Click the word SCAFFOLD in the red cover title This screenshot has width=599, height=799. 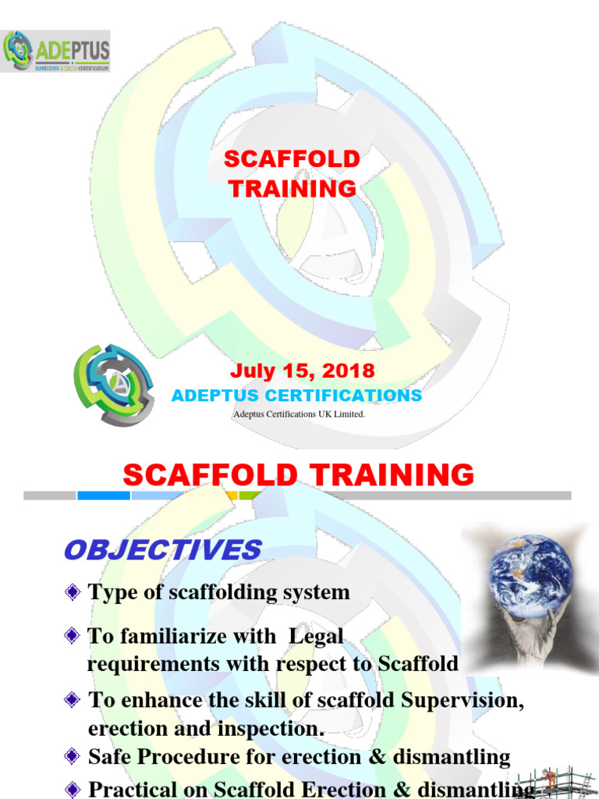292,159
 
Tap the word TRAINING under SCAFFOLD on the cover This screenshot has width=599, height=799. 292,189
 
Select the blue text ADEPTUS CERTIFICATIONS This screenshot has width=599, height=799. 296,396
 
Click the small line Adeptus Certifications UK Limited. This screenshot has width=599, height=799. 299,414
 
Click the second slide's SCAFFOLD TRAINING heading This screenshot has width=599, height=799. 299,474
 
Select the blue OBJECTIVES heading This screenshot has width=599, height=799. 162,549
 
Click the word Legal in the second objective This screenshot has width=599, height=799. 316,636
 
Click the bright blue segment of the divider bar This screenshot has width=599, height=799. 103,495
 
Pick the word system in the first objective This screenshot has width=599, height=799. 317,592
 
